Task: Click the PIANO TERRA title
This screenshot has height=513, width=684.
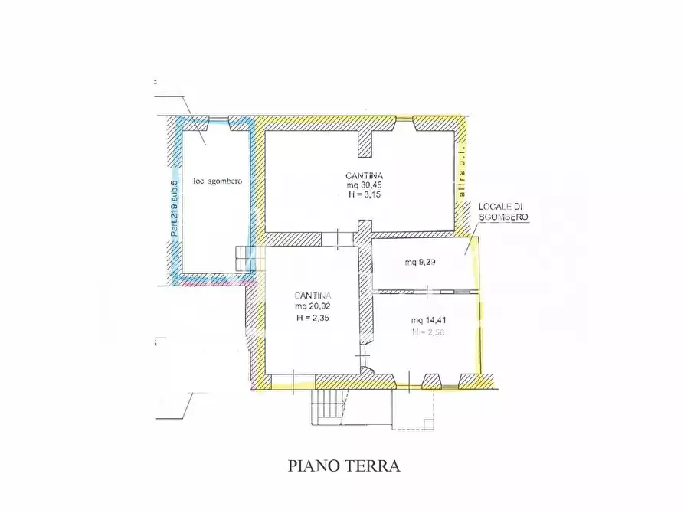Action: tap(344, 466)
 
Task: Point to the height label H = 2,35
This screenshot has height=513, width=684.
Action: tap(312, 319)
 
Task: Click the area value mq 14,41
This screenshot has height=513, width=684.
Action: tap(428, 320)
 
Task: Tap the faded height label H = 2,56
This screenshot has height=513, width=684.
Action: tap(428, 332)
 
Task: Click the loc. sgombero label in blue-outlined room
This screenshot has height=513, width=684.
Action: tap(218, 181)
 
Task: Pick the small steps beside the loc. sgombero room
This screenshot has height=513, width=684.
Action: tap(244, 257)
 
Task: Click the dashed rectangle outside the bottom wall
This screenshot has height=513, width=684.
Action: tap(413, 410)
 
